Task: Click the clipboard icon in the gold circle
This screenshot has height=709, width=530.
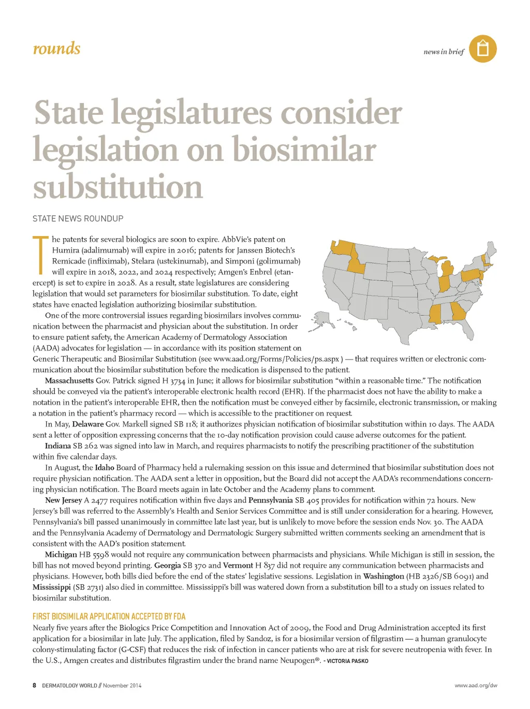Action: coord(483,49)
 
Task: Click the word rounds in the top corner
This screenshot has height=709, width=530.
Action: coord(56,49)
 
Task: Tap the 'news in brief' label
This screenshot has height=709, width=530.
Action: coord(444,52)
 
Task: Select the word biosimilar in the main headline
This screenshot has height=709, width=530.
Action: coord(304,150)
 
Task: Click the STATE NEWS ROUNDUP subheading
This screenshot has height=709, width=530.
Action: coord(78,218)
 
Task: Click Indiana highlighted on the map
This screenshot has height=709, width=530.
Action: coord(444,284)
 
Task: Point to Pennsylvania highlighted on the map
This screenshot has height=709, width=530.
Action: coord(472,275)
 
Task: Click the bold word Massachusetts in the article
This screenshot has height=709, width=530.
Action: coord(69,380)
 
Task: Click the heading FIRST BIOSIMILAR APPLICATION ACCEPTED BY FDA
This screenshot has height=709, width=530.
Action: coord(109,616)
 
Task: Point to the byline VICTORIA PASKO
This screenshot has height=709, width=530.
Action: coord(347,661)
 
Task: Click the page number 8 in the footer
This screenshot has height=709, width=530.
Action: coord(35,685)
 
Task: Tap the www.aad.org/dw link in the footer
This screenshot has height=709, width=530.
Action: coord(476,685)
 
